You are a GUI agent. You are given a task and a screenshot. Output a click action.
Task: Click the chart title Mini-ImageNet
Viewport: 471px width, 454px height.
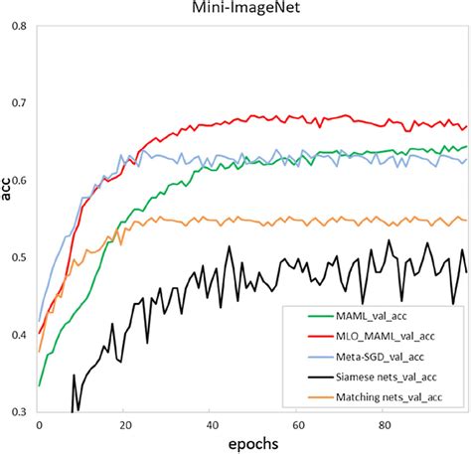235,9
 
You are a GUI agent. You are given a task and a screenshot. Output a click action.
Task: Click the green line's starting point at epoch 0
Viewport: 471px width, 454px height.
39,385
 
